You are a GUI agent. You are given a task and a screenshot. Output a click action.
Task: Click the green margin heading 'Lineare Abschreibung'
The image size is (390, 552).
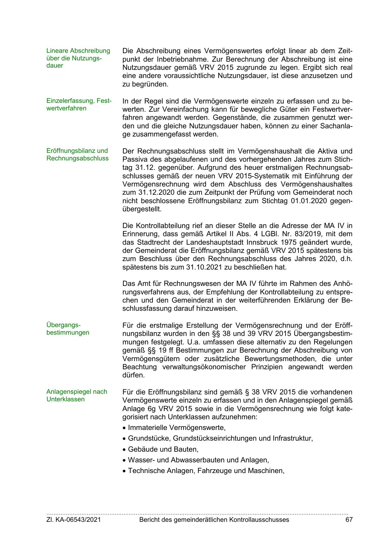78,51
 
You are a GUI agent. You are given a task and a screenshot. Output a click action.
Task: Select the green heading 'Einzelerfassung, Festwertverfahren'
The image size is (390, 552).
79,105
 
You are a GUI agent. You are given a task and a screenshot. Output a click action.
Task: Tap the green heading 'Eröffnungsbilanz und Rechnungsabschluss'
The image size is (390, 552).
77,154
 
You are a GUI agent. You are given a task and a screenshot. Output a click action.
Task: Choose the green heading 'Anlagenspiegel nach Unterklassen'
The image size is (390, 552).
76,395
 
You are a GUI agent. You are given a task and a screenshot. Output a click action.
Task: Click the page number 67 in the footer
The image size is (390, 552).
349,520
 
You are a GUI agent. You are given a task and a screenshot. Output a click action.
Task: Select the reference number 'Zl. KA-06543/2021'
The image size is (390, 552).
74,520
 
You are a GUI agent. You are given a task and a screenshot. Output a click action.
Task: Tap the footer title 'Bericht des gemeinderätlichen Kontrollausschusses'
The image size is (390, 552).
214,520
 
